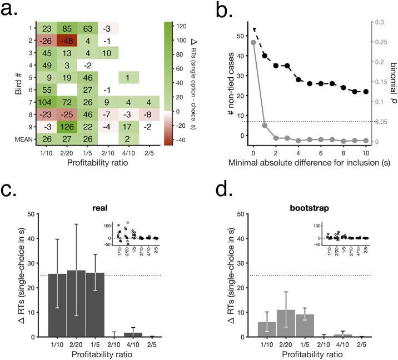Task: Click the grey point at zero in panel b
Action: (x=253, y=42)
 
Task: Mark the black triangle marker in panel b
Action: (x=253, y=30)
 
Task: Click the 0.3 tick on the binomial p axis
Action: (x=380, y=22)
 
